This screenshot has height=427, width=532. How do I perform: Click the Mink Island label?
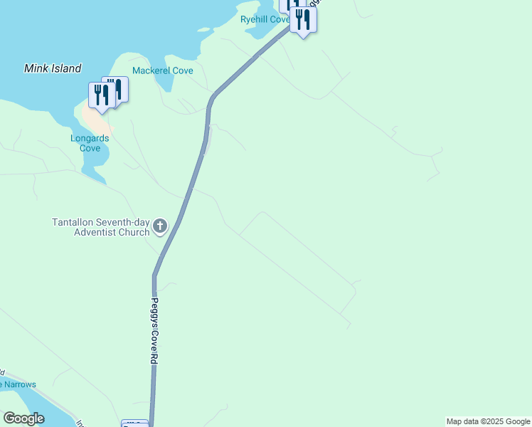[53, 68]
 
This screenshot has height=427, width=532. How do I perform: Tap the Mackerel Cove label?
[163, 70]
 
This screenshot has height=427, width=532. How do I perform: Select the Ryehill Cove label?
[264, 19]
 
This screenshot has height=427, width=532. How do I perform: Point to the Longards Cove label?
[90, 143]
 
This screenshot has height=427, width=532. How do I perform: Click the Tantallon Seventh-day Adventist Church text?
[101, 227]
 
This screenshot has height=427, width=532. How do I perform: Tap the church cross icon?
[161, 227]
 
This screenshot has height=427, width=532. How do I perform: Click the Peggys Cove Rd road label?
[153, 331]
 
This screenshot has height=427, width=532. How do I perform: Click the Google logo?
[23, 418]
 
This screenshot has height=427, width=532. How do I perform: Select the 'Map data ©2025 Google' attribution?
[488, 421]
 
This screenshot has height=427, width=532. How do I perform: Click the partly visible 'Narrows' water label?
[18, 384]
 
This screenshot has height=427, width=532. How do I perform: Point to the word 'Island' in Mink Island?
[66, 68]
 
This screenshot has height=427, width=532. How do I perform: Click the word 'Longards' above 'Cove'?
[90, 138]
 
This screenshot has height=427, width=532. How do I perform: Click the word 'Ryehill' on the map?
[255, 19]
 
